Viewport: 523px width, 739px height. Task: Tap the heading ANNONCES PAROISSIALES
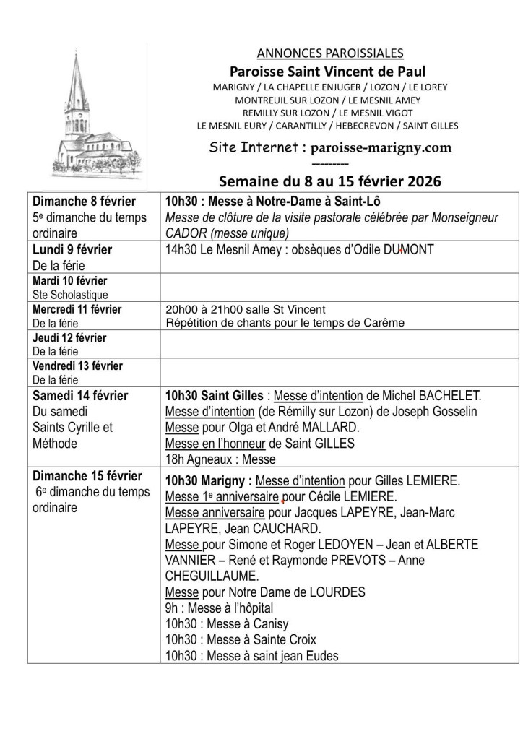coord(330,53)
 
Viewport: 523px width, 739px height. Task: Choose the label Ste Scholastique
coord(70,295)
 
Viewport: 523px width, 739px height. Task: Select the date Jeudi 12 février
coord(69,337)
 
